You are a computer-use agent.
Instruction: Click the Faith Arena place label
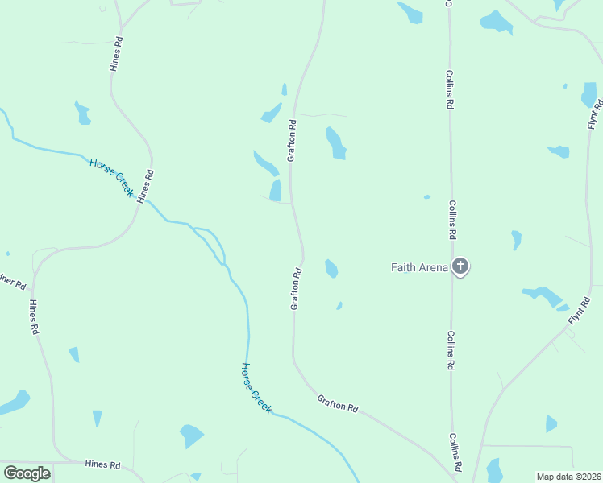pyautogui.click(x=418, y=267)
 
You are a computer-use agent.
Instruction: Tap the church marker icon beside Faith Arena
pyautogui.click(x=460, y=266)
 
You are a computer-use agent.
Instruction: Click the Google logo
pyautogui.click(x=27, y=473)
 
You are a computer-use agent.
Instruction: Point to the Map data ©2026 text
pyautogui.click(x=568, y=477)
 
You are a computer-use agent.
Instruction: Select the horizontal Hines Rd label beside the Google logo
pyautogui.click(x=102, y=464)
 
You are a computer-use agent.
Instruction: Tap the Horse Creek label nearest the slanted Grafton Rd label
pyautogui.click(x=256, y=388)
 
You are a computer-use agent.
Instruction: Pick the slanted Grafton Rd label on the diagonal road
pyautogui.click(x=337, y=403)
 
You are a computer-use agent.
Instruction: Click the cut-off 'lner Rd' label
pyautogui.click(x=13, y=283)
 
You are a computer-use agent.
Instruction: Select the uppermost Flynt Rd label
pyautogui.click(x=595, y=114)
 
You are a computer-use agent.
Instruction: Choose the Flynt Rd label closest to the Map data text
pyautogui.click(x=579, y=311)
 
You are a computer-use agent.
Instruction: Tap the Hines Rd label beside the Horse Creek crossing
pyautogui.click(x=145, y=186)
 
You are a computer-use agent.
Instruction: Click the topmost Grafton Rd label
pyautogui.click(x=292, y=140)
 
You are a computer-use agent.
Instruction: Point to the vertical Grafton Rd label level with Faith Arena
pyautogui.click(x=296, y=288)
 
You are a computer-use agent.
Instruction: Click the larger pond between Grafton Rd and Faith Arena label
pyautogui.click(x=331, y=268)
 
